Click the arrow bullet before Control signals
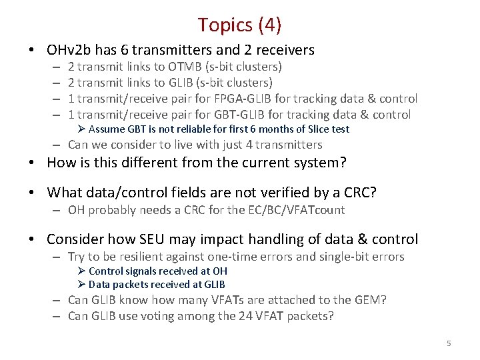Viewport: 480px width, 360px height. tap(81, 271)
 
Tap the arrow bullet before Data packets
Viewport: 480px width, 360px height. tap(81, 285)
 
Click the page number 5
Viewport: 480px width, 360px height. tap(449, 343)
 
